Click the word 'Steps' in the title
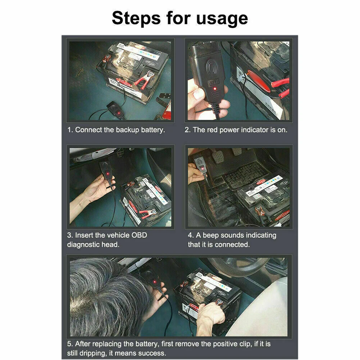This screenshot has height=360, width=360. [x=136, y=18]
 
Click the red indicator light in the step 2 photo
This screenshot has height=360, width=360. [x=215, y=89]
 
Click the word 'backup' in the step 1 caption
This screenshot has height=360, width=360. [x=127, y=130]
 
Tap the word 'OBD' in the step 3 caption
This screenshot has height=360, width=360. [x=139, y=235]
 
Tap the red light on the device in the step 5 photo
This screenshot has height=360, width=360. [x=154, y=282]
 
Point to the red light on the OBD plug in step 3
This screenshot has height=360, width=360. [x=107, y=174]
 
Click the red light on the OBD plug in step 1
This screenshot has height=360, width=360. [x=118, y=113]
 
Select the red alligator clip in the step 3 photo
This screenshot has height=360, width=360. [x=147, y=213]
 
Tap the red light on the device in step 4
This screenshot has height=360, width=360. [x=202, y=169]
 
